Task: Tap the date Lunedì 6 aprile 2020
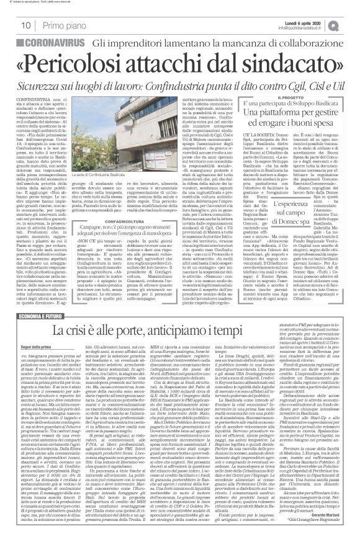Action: click(x=317, y=21)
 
